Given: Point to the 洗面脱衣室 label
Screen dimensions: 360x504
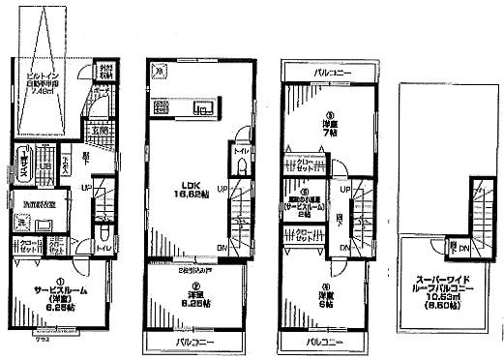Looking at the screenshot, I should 39,205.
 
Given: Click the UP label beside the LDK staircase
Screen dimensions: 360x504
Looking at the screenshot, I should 222,187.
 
